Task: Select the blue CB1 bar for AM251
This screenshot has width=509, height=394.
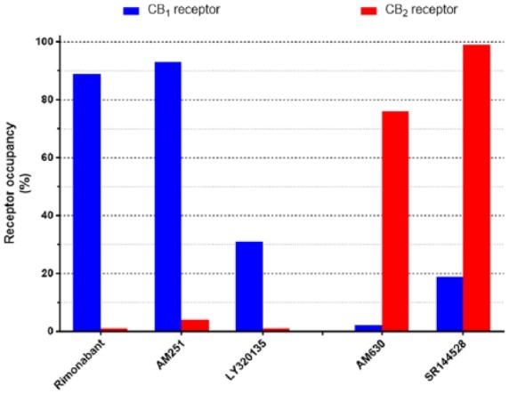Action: click(x=168, y=197)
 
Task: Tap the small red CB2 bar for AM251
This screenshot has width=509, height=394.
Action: click(x=196, y=326)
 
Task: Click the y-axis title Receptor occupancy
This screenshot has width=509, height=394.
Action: click(x=14, y=187)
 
